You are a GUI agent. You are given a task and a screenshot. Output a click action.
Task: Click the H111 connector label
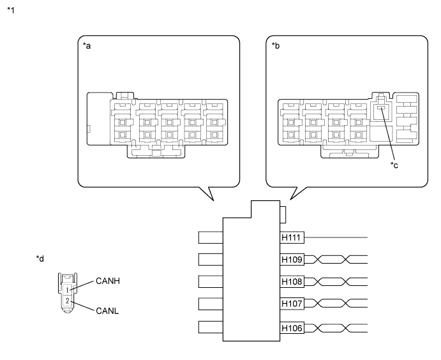tap(292, 237)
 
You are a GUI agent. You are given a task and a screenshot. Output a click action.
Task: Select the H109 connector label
tap(292, 260)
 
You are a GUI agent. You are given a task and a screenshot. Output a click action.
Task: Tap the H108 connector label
tap(292, 282)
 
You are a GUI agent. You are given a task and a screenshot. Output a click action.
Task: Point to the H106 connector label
tap(292, 328)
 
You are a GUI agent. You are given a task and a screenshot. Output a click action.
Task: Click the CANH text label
tap(108, 280)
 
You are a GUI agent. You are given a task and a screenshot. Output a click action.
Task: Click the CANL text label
tap(107, 311)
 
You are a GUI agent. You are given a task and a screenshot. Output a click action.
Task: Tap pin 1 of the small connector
tap(66, 290)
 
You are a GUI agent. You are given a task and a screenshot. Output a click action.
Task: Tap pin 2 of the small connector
tap(66, 300)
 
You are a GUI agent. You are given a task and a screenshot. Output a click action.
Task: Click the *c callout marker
tap(395, 166)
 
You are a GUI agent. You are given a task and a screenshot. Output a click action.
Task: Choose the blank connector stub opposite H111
tap(210, 237)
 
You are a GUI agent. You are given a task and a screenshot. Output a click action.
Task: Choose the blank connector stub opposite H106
tap(210, 328)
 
